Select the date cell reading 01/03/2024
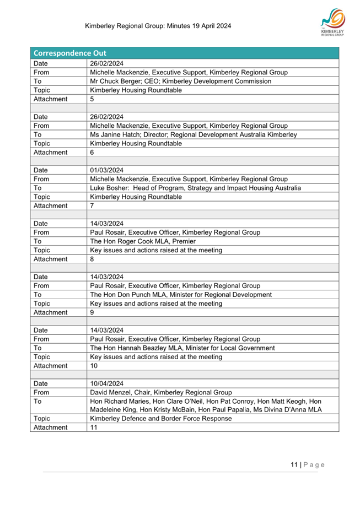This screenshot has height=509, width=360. click(x=106, y=170)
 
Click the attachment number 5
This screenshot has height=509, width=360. click(x=93, y=99)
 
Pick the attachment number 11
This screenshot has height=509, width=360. click(x=94, y=427)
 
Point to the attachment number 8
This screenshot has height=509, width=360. click(x=93, y=259)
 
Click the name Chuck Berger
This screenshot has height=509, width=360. click(x=121, y=82)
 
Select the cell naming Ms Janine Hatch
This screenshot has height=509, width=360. click(x=193, y=134)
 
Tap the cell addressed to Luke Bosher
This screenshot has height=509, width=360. click(x=195, y=188)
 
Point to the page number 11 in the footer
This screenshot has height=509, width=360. click(x=294, y=464)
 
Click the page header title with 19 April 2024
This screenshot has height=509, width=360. click(x=158, y=26)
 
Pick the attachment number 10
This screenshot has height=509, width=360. click(x=94, y=365)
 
